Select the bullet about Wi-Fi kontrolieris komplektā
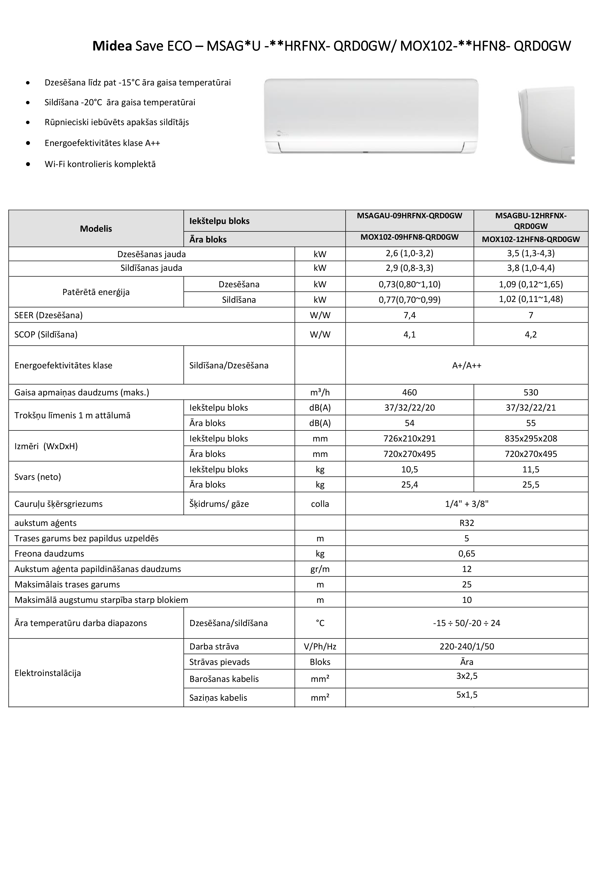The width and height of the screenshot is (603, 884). [100, 164]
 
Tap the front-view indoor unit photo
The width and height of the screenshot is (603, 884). [371, 116]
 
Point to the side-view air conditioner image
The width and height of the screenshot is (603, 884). [546, 125]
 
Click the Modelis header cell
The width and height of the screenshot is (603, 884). [96, 229]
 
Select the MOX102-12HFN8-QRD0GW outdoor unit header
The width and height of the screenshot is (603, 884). [531, 239]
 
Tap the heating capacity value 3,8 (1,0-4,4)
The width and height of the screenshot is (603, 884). [531, 268]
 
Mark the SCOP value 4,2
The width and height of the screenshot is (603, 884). [531, 334]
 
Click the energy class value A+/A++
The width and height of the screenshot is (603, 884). [467, 365]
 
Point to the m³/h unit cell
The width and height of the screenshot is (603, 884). [320, 392]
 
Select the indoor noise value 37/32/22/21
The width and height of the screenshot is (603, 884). [531, 408]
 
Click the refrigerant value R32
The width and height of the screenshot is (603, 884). [467, 523]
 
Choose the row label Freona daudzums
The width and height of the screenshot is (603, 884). [49, 553]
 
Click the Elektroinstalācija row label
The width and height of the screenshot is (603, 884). [48, 673]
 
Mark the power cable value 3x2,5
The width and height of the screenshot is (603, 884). [467, 676]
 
